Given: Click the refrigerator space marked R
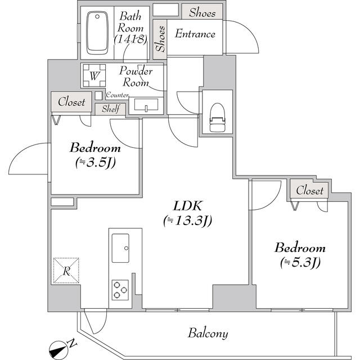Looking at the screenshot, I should click(66, 271).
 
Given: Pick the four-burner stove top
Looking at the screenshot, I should click(120, 289).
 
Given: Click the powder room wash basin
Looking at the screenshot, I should click(145, 105).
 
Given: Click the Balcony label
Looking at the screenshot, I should click(208, 333).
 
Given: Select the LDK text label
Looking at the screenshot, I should click(187, 205).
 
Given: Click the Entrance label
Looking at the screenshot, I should click(195, 34).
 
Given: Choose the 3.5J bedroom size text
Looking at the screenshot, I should click(95, 163).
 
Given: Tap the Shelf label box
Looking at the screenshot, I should click(110, 109).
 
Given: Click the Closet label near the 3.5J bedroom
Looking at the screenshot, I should click(71, 102).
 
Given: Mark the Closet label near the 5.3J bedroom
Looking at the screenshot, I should click(309, 191).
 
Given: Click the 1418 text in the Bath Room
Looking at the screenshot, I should click(130, 39).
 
